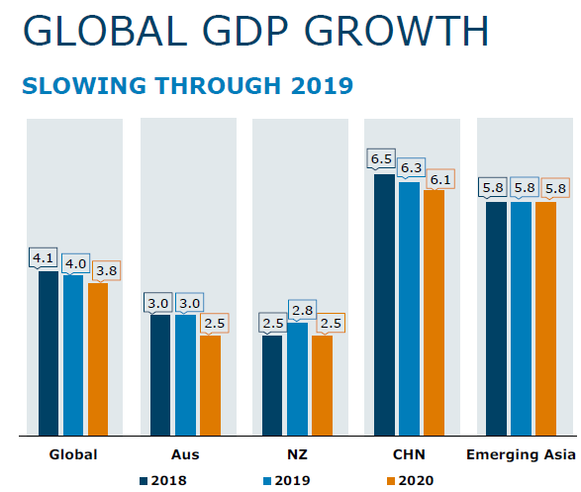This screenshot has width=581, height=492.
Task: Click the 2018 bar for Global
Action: click(48, 353)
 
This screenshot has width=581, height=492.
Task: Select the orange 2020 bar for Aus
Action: click(210, 385)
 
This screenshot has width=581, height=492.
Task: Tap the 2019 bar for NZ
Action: click(298, 379)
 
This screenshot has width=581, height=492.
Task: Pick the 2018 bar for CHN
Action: click(384, 305)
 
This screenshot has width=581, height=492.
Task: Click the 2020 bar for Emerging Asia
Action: click(545, 319)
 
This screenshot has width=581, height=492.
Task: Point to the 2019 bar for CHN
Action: click(410, 309)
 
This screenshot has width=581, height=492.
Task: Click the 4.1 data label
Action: click(43, 257)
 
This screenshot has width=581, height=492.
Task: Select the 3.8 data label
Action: click(107, 271)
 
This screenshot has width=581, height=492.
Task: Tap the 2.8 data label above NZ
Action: click(302, 310)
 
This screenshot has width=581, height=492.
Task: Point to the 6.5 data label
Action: click(381, 159)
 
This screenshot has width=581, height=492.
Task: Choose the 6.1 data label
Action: click(440, 180)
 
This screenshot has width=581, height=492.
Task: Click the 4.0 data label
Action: click(75, 263)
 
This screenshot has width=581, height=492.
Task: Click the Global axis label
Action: click(73, 454)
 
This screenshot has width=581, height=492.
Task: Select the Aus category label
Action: click(185, 454)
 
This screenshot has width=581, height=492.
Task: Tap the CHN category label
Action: click(409, 454)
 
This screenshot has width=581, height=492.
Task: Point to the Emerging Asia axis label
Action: click(521, 454)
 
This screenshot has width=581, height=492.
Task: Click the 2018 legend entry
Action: click(163, 480)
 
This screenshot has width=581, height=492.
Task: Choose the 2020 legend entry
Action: click(410, 480)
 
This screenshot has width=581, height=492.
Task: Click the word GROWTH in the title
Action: click(396, 31)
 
